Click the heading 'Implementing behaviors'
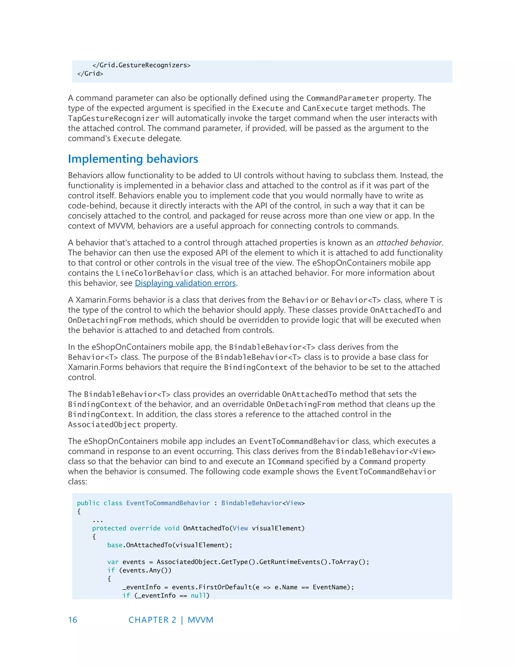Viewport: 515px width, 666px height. click(133, 159)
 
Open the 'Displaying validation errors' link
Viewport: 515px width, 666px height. click(185, 283)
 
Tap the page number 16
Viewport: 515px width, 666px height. click(73, 620)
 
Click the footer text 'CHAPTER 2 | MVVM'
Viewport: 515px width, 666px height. click(171, 620)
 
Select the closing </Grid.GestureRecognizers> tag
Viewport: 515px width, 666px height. click(141, 65)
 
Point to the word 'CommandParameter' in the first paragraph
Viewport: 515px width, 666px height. click(342, 98)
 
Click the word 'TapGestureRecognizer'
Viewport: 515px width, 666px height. click(113, 118)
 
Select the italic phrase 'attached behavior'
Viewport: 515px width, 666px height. click(409, 243)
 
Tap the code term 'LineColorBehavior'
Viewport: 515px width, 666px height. click(154, 273)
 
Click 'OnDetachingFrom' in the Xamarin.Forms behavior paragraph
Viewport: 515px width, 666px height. click(102, 320)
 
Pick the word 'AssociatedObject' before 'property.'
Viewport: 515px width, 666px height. click(104, 425)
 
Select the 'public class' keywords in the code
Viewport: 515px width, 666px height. click(100, 503)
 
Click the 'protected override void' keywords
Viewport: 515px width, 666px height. click(136, 529)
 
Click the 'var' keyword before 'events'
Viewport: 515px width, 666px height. click(113, 562)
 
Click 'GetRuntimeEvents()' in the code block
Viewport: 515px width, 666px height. click(293, 562)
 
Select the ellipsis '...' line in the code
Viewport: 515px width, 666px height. click(98, 520)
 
